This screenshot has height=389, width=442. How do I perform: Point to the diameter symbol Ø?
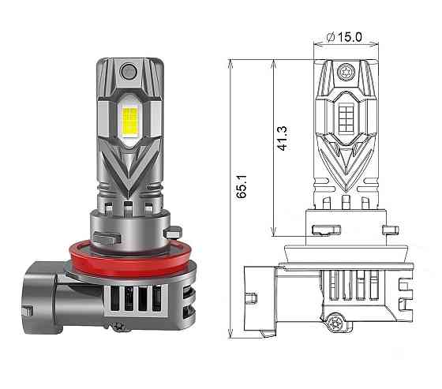click(x=331, y=37)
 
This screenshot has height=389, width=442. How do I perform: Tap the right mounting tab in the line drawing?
click(x=390, y=230)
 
